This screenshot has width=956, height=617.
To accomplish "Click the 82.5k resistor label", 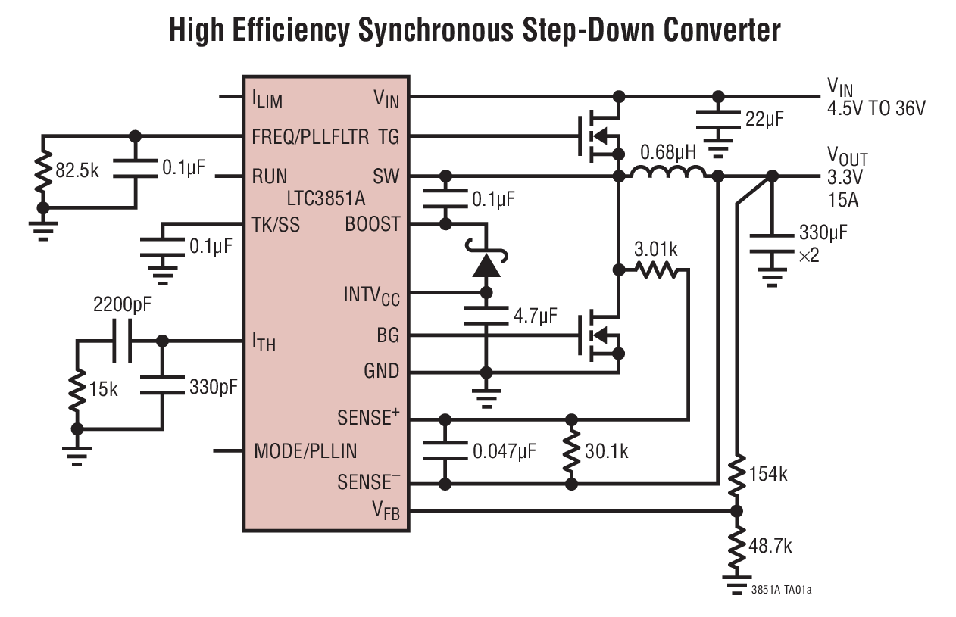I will coord(77,169).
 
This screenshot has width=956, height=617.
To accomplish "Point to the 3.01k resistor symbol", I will coord(656,269).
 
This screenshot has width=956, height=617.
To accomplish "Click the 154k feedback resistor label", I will coord(768,475).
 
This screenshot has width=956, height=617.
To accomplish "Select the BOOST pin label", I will coord(372,225).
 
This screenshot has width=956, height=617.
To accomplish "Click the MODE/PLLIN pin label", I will coord(305,451).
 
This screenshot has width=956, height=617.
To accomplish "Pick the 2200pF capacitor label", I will coord(122,306).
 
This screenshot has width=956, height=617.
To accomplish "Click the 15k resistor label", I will coord(104,389).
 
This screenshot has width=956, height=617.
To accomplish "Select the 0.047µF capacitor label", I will coord(505,451).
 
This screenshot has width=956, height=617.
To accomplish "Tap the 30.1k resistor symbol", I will coord(572,451).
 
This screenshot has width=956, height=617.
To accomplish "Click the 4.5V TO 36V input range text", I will coord(876,108).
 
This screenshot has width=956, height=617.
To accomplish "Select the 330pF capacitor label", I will coord(213,387).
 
